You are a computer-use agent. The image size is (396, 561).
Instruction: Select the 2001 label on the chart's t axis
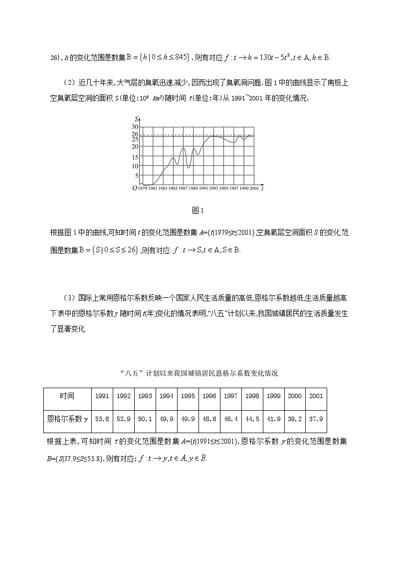[x=254, y=188]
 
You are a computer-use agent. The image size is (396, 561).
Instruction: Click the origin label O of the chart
[x=134, y=188]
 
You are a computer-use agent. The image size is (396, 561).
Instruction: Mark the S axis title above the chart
[x=136, y=118]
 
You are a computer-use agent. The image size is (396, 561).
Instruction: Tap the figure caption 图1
[x=198, y=210]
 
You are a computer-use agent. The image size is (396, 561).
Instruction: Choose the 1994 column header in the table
[x=166, y=396]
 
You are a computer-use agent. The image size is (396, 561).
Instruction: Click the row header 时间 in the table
[x=67, y=396]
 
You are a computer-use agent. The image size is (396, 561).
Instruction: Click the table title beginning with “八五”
[x=198, y=373]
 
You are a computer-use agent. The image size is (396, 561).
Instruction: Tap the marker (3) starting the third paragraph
[x=70, y=298]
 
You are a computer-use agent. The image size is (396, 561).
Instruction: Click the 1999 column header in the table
[x=273, y=396]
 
